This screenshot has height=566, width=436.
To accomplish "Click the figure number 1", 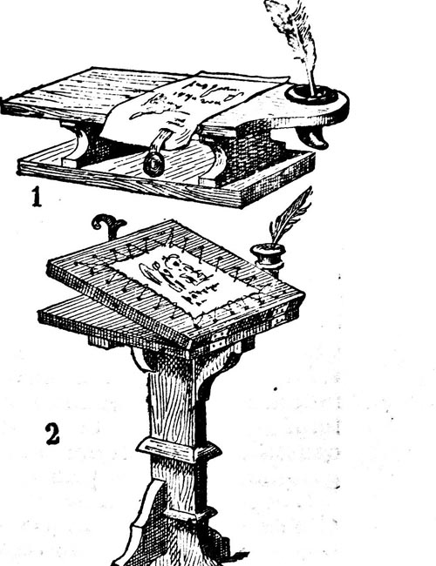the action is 37,197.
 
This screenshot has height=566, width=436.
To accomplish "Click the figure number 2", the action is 52,434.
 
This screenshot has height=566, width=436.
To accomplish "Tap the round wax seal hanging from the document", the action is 154,165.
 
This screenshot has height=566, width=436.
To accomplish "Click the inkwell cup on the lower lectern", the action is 268,258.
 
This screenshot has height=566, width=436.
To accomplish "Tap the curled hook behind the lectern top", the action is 108,226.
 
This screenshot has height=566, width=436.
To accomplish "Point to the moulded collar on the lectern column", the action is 178,450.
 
